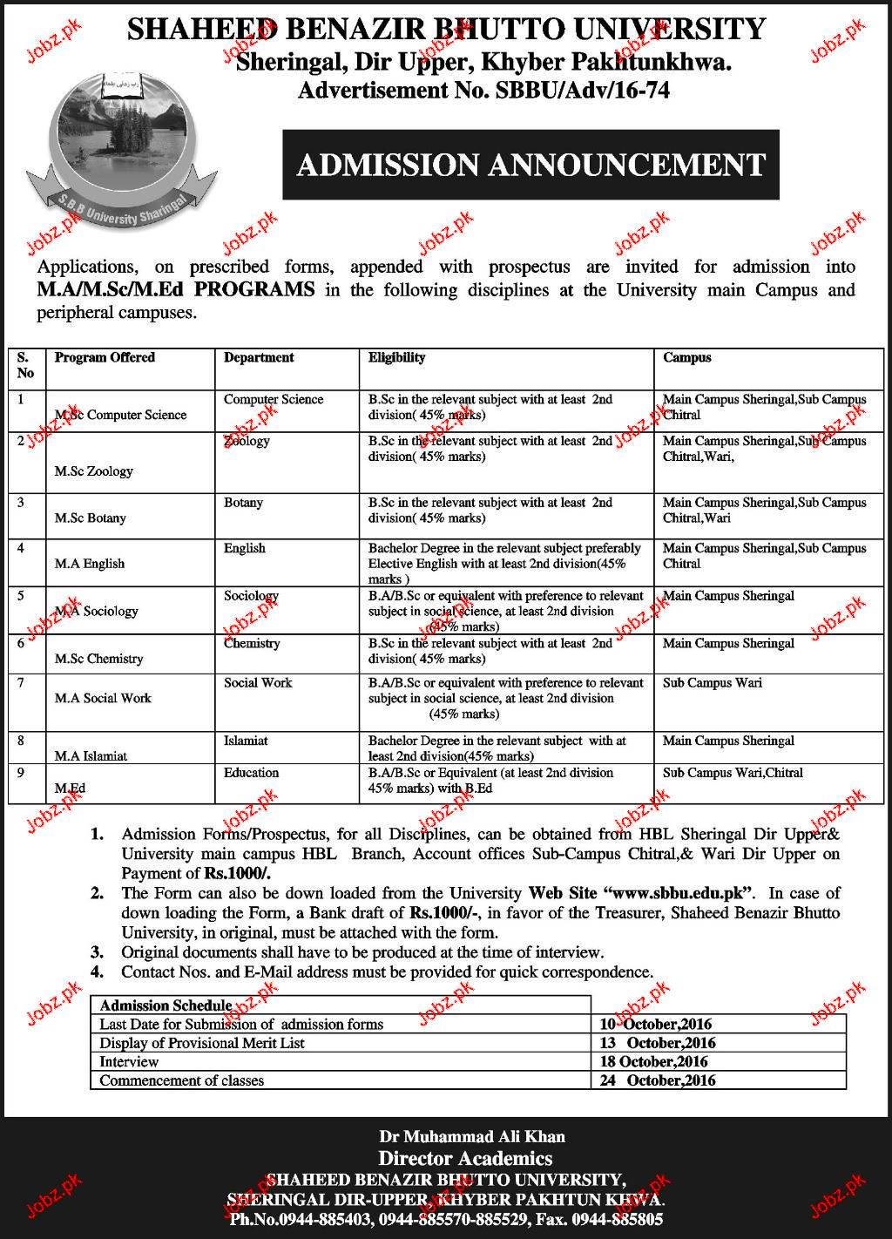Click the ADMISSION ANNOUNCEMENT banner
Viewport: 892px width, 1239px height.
pyautogui.click(x=530, y=165)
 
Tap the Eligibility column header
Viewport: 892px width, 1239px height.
pyautogui.click(x=396, y=357)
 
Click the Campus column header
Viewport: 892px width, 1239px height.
pyautogui.click(x=687, y=357)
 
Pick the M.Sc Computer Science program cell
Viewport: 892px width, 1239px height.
pyautogui.click(x=120, y=415)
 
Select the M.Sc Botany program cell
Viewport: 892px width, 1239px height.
pyautogui.click(x=90, y=518)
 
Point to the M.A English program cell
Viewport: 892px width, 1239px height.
pyautogui.click(x=90, y=564)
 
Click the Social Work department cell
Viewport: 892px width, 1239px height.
pyautogui.click(x=258, y=682)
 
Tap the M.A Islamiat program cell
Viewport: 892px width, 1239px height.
pyautogui.click(x=91, y=755)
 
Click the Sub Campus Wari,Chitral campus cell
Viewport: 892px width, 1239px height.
pyautogui.click(x=733, y=773)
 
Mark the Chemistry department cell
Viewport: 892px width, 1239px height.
pyautogui.click(x=252, y=643)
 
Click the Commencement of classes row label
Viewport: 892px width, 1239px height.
pyautogui.click(x=181, y=1080)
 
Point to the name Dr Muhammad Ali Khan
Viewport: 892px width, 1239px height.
pyautogui.click(x=472, y=1136)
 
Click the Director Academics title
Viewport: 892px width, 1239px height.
pyautogui.click(x=465, y=1158)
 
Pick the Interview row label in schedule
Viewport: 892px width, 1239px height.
pyautogui.click(x=129, y=1062)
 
